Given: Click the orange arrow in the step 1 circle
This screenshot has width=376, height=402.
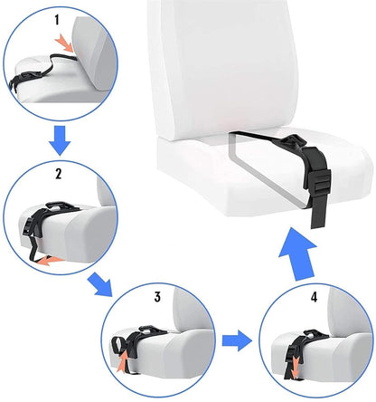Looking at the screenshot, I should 62,43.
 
